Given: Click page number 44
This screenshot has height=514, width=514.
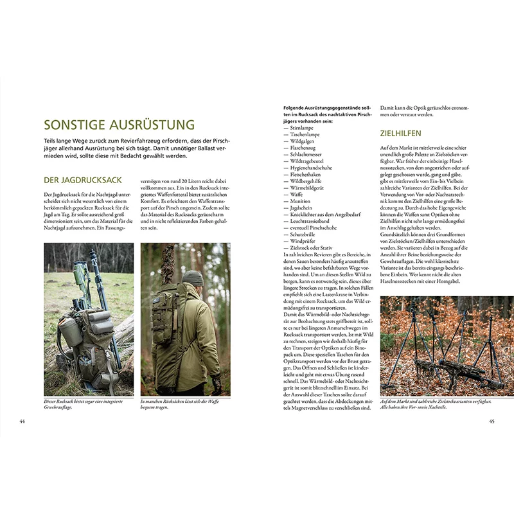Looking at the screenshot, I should coord(22,421).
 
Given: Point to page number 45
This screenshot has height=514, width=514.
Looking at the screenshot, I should coord(491,421).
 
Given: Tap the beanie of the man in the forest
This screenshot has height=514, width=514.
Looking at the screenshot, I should coord(191,277).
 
